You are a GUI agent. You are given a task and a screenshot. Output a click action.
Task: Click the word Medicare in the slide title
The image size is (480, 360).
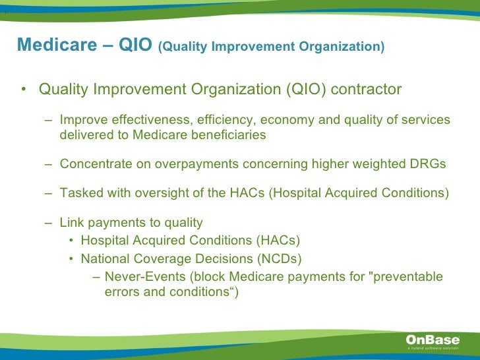pyautogui.click(x=57, y=44)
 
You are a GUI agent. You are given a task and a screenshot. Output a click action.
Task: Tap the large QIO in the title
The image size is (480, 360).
pyautogui.click(x=135, y=44)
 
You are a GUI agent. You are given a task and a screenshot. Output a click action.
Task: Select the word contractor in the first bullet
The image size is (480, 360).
pyautogui.click(x=366, y=89)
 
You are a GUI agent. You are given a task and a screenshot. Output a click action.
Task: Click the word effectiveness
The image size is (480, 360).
pyautogui.click(x=152, y=119)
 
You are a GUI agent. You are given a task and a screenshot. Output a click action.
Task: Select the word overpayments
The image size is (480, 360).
pyautogui.click(x=196, y=164)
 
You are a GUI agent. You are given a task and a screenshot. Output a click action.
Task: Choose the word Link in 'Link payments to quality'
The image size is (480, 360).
pyautogui.click(x=72, y=222)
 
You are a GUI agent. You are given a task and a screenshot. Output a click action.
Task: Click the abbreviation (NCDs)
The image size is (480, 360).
pyautogui.click(x=280, y=259)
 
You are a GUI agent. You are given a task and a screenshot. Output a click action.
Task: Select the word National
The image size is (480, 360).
pyautogui.click(x=105, y=258)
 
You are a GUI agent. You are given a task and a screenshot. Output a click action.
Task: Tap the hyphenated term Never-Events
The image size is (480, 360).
pyautogui.click(x=145, y=276)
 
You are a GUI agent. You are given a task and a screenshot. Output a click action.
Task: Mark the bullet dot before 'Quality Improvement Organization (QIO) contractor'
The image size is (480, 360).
pyautogui.click(x=24, y=89)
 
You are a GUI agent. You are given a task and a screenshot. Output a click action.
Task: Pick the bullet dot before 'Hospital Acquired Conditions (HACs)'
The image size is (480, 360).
pyautogui.click(x=71, y=240)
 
